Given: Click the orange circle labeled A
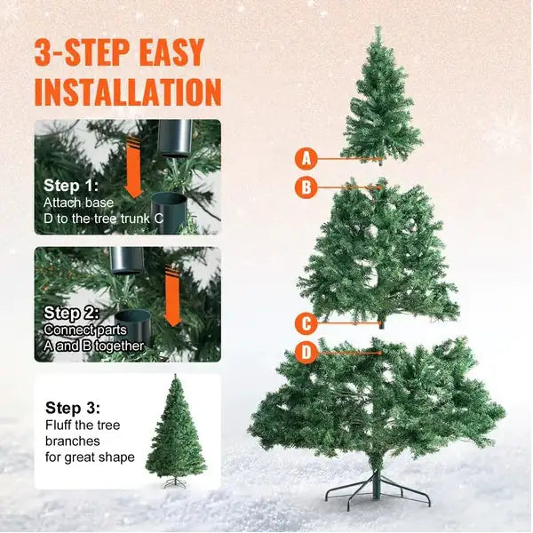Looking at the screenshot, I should pyautogui.click(x=306, y=159).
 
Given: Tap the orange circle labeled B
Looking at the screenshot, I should pyautogui.click(x=306, y=187).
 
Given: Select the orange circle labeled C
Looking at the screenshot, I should pyautogui.click(x=306, y=323).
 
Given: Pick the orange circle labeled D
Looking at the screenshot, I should pyautogui.click(x=306, y=353).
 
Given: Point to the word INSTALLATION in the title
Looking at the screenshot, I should pyautogui.click(x=127, y=91).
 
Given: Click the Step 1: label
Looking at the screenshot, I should pyautogui.click(x=72, y=186).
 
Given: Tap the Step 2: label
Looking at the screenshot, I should pyautogui.click(x=72, y=313).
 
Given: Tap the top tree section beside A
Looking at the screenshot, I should pyautogui.click(x=379, y=102).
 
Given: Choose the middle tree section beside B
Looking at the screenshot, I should pyautogui.click(x=379, y=253).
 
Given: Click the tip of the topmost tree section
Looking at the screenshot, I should pyautogui.click(x=378, y=29).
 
